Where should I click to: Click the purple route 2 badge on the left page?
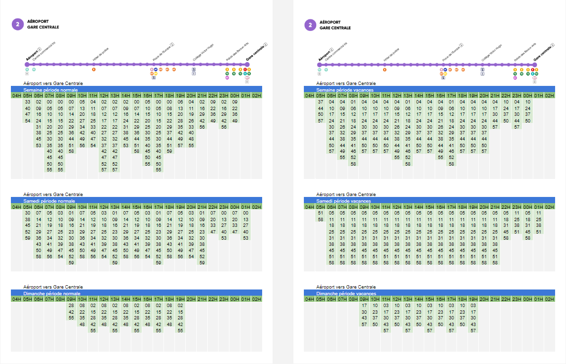tap(18, 25)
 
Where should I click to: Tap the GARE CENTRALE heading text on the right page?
tap(335, 28)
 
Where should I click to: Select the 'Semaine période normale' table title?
tap(51, 90)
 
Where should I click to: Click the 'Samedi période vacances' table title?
tap(343, 201)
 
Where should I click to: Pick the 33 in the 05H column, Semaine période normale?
tap(27, 102)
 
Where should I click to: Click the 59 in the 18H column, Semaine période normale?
tap(169, 151)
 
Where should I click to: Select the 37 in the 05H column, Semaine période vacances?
tap(320, 102)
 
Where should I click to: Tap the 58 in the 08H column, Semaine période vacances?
tap(353, 163)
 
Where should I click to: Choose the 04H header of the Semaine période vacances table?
tap(309, 96)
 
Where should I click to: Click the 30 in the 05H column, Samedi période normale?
tap(27, 213)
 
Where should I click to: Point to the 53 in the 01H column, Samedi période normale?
tap(246, 238)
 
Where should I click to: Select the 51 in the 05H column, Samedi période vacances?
tap(320, 213)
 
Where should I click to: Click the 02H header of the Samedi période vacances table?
tap(549, 207)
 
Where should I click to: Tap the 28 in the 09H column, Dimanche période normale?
tap(71, 306)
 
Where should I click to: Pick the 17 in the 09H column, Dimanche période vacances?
tap(364, 306)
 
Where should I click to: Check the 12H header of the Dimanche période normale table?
tap(104, 299)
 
